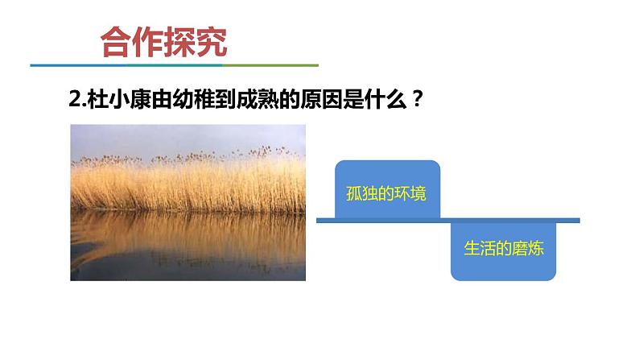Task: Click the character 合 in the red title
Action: click(115, 42)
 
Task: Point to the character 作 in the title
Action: click(147, 42)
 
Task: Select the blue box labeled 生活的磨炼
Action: click(504, 250)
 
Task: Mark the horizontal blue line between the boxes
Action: click(447, 220)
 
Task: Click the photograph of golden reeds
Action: click(188, 202)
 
